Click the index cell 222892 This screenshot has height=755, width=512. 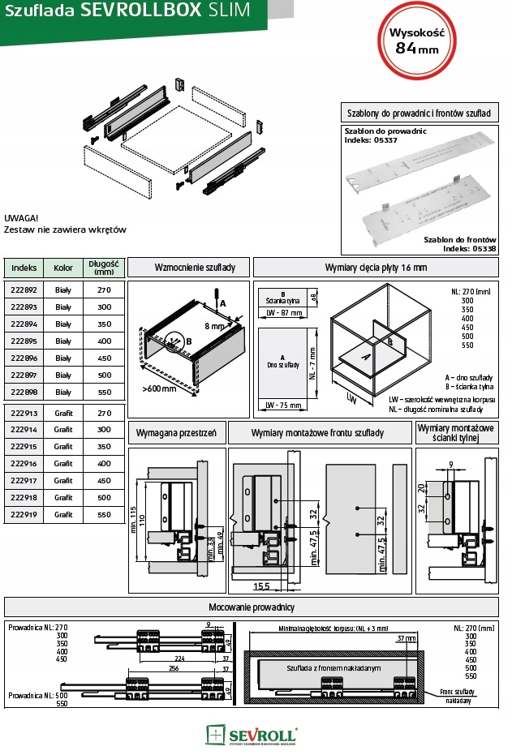[x=24, y=289]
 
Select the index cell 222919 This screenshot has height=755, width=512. [x=24, y=515]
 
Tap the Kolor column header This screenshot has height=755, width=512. [x=63, y=267]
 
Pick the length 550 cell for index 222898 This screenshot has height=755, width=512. [x=104, y=392]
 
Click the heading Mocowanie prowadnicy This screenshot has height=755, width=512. [x=254, y=607]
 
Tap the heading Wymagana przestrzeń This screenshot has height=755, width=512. [x=176, y=433]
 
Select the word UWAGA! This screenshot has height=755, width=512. [x=22, y=218]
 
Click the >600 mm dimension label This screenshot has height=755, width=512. [x=159, y=389]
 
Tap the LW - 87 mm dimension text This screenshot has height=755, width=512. [x=284, y=312]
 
